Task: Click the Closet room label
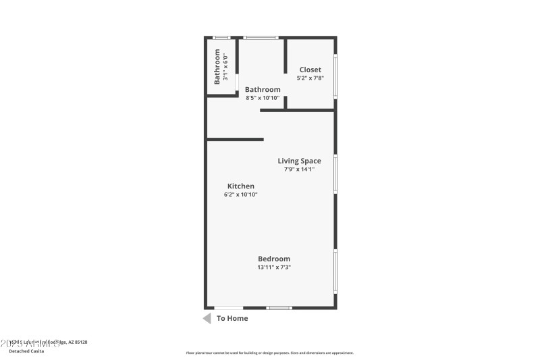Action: pyautogui.click(x=310, y=70)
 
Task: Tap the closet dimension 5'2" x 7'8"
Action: pyautogui.click(x=310, y=78)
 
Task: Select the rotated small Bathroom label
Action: pyautogui.click(x=217, y=66)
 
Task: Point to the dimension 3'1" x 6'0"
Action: pyautogui.click(x=226, y=66)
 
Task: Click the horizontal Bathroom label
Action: pyautogui.click(x=263, y=89)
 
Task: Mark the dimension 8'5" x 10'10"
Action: pyautogui.click(x=263, y=98)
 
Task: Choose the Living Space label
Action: pyautogui.click(x=299, y=161)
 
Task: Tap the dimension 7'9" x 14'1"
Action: pyautogui.click(x=299, y=169)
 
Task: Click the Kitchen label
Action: pyautogui.click(x=241, y=186)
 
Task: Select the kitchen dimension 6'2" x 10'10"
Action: pyautogui.click(x=241, y=195)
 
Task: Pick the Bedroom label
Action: pyautogui.click(x=274, y=259)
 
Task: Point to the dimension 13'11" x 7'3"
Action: pyautogui.click(x=274, y=267)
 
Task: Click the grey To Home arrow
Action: pyautogui.click(x=207, y=318)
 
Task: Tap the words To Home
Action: pyautogui.click(x=232, y=318)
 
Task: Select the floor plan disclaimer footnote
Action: pyautogui.click(x=269, y=353)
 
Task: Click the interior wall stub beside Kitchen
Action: pyautogui.click(x=235, y=140)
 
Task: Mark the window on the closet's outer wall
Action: pyautogui.click(x=335, y=77)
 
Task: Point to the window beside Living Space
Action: pyautogui.click(x=335, y=175)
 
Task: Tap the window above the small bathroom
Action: pyautogui.click(x=221, y=37)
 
